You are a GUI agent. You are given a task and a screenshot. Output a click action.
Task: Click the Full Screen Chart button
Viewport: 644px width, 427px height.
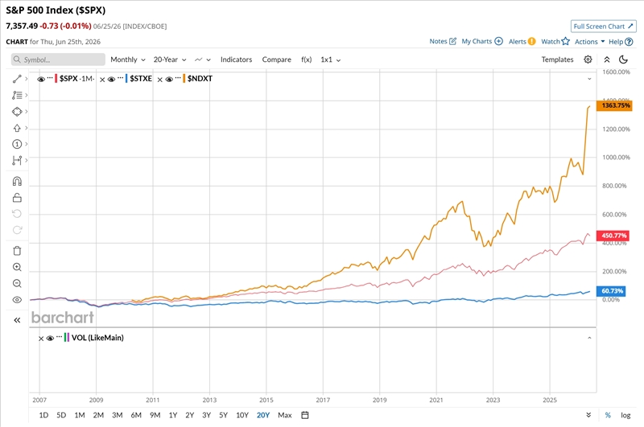(x=603, y=27)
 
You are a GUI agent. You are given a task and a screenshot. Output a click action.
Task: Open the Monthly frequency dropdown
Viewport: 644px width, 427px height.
(x=128, y=60)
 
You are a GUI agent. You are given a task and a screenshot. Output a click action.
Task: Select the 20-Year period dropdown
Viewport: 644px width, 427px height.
(x=170, y=60)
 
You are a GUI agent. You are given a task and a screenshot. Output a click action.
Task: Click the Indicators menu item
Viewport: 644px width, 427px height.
(x=236, y=60)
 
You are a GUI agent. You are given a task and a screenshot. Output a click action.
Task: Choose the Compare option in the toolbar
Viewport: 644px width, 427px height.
(x=276, y=60)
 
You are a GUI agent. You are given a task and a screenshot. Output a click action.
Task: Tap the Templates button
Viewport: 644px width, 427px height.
(x=557, y=60)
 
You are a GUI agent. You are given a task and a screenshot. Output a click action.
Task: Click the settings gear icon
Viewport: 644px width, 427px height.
(x=588, y=60)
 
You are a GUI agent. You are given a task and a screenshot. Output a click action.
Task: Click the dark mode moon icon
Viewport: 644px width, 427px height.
(x=623, y=60)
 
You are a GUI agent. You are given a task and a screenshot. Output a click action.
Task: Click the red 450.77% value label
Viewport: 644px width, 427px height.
(x=613, y=236)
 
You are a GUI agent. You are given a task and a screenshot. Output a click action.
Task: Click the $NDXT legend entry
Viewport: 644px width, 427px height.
(x=200, y=78)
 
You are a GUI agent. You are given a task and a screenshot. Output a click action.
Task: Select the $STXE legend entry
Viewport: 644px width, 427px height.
(x=141, y=78)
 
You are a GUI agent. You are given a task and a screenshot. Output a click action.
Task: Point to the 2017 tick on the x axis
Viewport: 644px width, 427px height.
(x=323, y=400)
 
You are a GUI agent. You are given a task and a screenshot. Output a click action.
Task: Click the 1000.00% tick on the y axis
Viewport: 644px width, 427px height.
(x=616, y=157)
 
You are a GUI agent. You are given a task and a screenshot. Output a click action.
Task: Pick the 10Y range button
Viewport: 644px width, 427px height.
(x=242, y=415)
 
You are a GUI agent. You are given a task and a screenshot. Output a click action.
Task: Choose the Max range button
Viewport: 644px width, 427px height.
(x=285, y=415)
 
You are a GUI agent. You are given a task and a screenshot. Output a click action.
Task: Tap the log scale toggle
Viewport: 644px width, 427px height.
(x=625, y=415)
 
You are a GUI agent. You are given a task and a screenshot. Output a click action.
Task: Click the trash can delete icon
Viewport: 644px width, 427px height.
(x=17, y=251)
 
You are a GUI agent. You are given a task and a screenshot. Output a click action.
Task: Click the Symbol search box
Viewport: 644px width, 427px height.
(x=58, y=60)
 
